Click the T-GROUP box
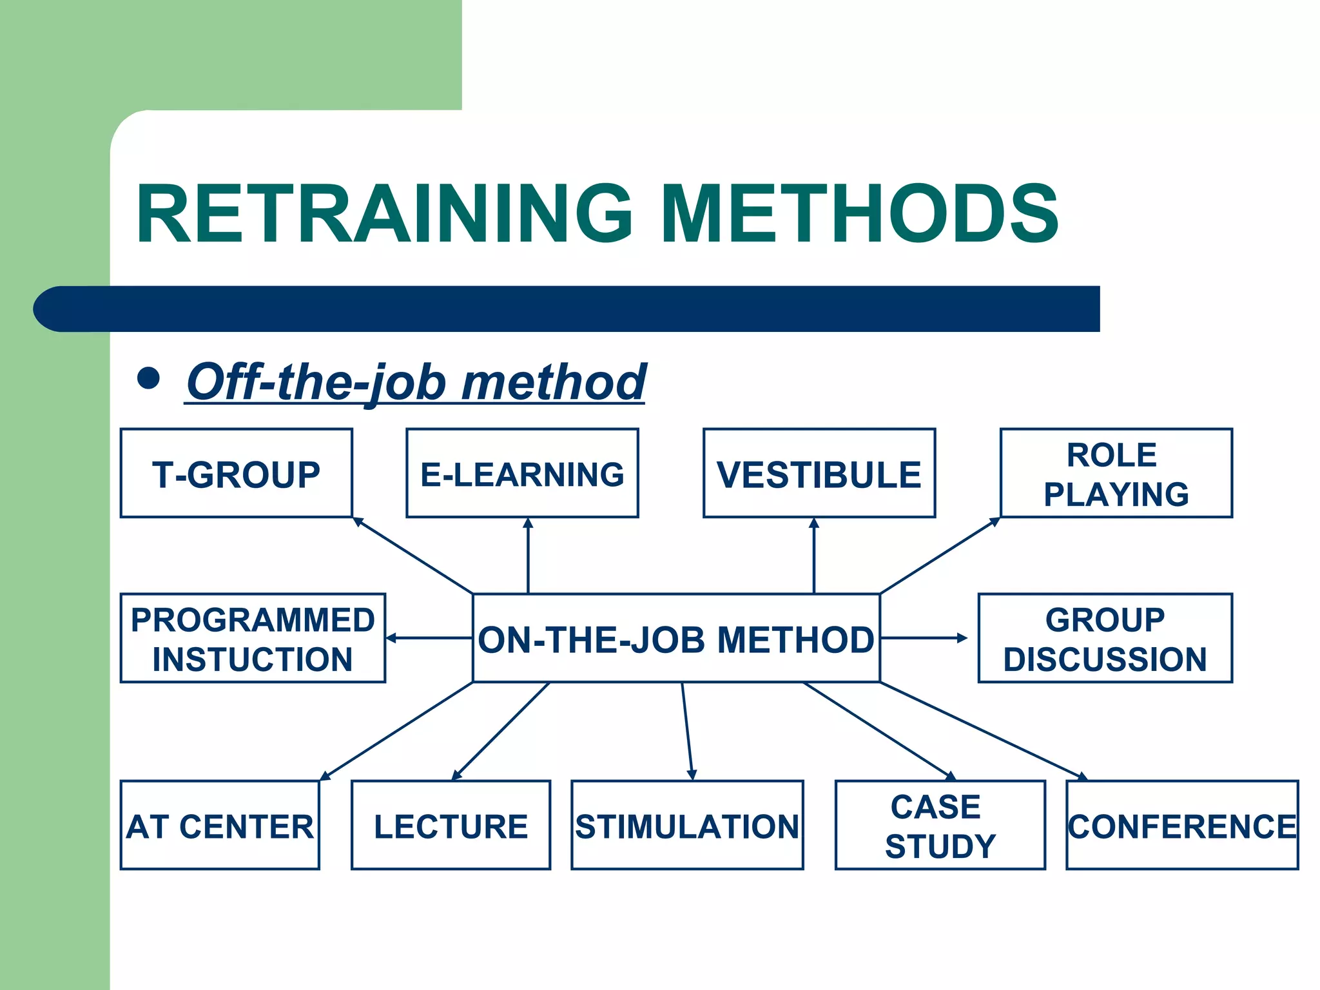tap(236, 473)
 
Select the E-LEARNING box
tap(522, 473)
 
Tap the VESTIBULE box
tap(819, 473)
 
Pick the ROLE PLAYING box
tap(1116, 473)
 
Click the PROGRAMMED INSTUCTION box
tap(253, 638)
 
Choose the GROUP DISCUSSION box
tap(1105, 638)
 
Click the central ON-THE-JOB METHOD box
tap(675, 638)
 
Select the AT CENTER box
tap(220, 825)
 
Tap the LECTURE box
tap(451, 825)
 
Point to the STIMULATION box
tap(687, 825)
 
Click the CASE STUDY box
tap(940, 825)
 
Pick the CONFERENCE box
tap(1182, 825)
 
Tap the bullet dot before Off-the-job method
tap(148, 378)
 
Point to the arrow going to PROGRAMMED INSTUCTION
tap(429, 638)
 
